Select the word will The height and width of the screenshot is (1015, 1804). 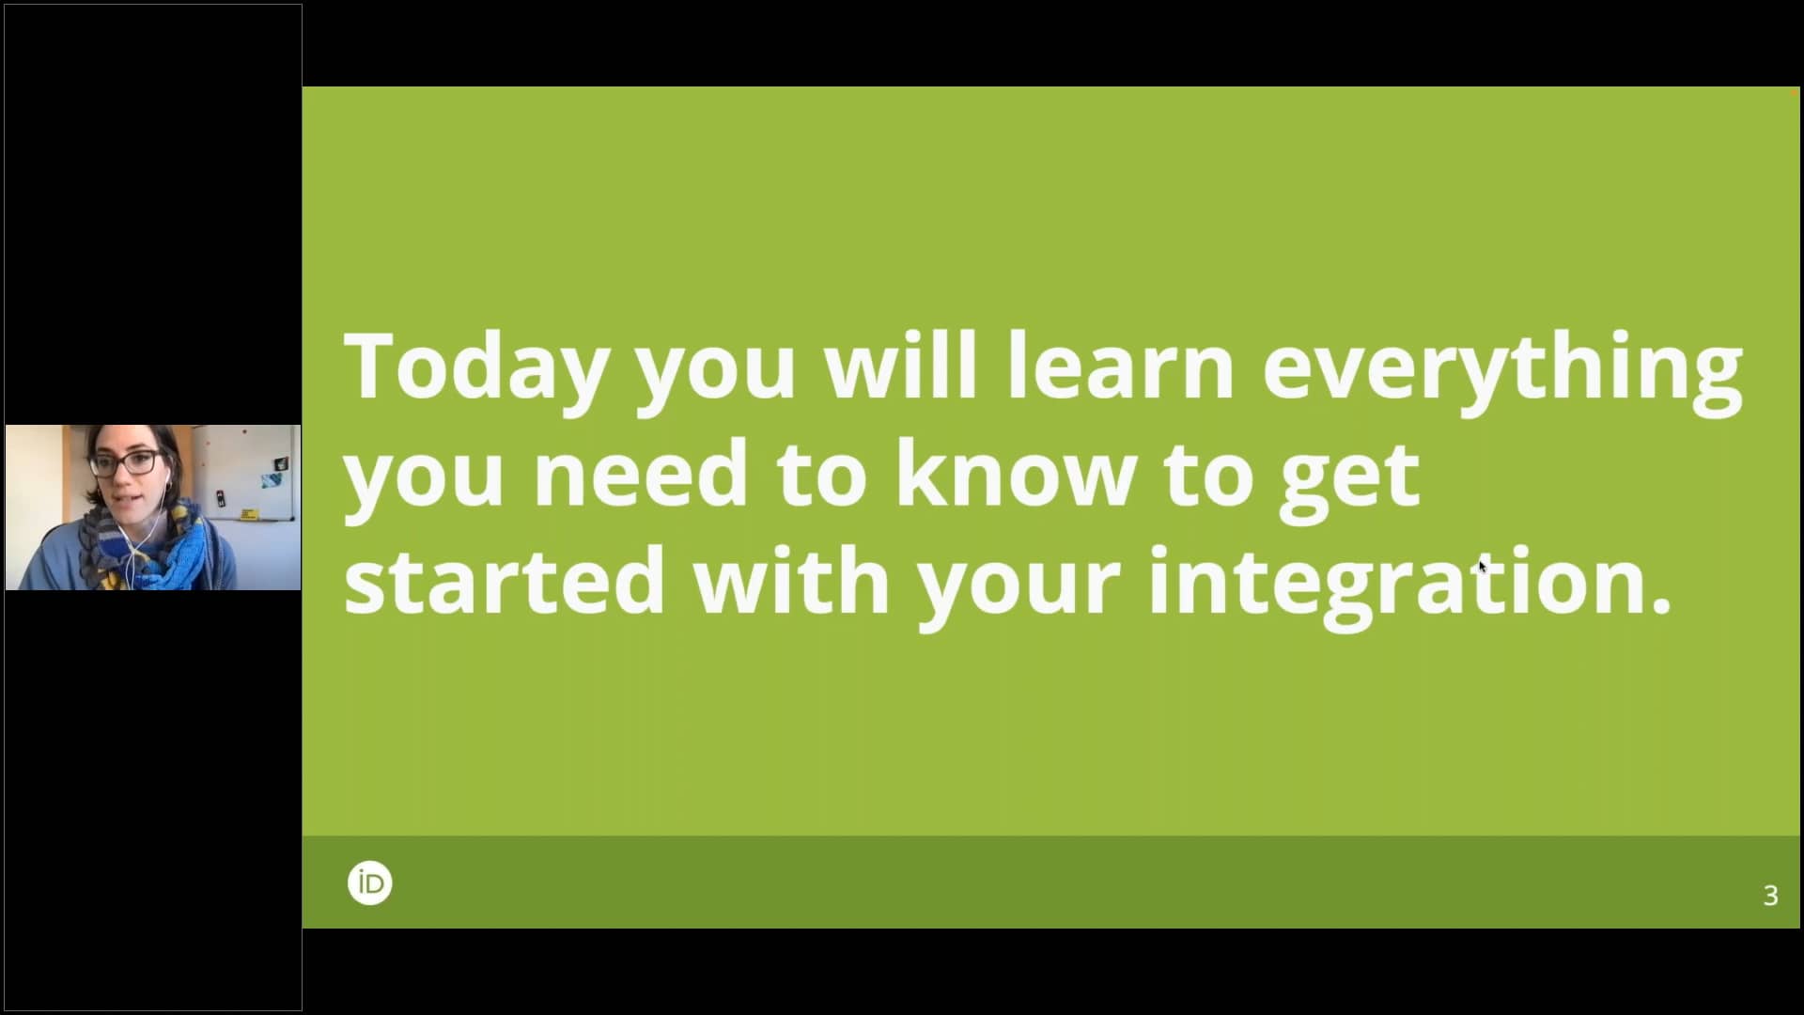click(x=900, y=366)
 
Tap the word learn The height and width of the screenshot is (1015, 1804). click(x=1120, y=366)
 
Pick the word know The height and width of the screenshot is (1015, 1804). click(x=1016, y=474)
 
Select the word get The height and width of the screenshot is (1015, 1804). click(x=1349, y=479)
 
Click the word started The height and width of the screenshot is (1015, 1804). click(x=505, y=582)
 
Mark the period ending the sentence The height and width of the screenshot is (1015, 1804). click(x=1661, y=607)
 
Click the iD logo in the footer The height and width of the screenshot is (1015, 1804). click(x=369, y=883)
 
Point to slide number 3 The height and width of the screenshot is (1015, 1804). click(x=1770, y=896)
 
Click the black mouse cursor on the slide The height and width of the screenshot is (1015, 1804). click(x=1483, y=566)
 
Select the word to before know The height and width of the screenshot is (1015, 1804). click(x=820, y=474)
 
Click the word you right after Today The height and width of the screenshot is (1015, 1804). click(x=716, y=371)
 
